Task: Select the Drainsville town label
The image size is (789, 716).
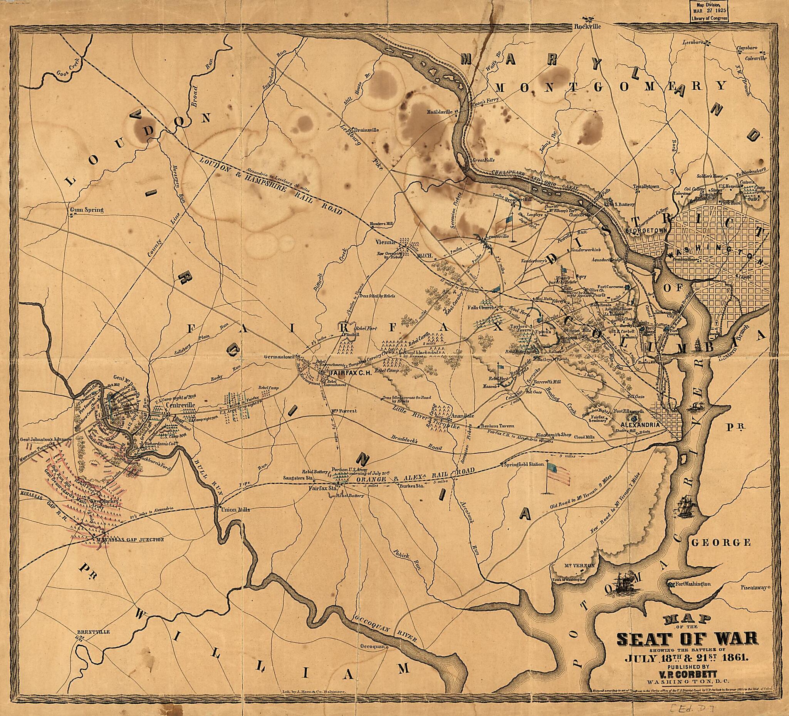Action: [x=366, y=130]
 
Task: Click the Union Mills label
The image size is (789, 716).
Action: [x=235, y=510]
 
